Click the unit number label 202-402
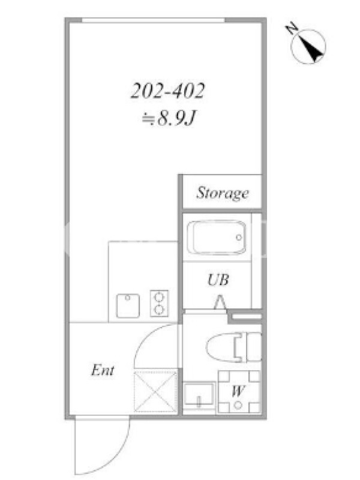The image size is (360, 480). pos(167,91)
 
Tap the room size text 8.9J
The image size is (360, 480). pos(176,118)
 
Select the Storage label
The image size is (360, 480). pos(222,193)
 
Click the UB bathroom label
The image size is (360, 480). pos(218,280)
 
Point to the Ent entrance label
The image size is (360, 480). pos(103,370)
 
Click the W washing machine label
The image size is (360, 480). pos(238,391)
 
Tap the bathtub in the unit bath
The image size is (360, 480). pos(217,237)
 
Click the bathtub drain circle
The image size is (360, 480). pos(239,237)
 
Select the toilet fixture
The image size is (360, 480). pos(234,348)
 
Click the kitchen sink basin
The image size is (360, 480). pos(128,305)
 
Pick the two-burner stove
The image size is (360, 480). pos(159,304)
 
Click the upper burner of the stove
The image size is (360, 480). pos(159,297)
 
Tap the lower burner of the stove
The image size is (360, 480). pos(159,310)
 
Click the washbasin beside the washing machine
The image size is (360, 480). pos(199,395)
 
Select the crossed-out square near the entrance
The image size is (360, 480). pos(156,392)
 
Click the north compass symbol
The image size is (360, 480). pos(308,46)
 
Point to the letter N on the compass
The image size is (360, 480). pos(292,28)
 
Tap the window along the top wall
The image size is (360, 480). pos(154,20)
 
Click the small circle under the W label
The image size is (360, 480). pos(238,406)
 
